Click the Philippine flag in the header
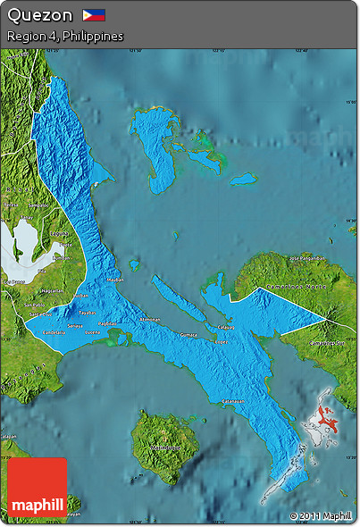[94, 14]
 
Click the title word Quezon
[39, 15]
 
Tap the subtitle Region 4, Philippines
[64, 37]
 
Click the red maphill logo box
[38, 487]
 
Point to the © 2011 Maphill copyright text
[320, 515]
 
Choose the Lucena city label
[92, 332]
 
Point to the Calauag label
[227, 327]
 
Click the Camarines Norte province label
[291, 288]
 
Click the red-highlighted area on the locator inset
[328, 415]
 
